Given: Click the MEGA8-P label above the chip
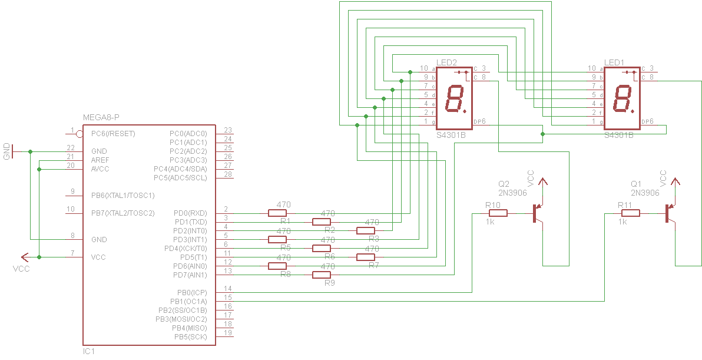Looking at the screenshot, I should [101, 118].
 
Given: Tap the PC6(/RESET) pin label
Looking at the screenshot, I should [113, 134].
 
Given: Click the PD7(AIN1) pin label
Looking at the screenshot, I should [190, 275].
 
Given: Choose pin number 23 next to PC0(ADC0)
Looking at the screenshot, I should [228, 131].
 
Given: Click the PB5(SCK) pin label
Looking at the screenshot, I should [190, 337].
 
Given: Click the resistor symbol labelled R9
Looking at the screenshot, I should [321, 275].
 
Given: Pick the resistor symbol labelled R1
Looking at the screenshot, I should [277, 213].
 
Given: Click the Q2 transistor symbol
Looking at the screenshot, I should [537, 213].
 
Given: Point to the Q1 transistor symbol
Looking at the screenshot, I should [670, 213].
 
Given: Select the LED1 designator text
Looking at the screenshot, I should [614, 62].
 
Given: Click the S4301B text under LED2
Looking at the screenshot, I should [451, 135].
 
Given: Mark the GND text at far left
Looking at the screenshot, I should [7, 151].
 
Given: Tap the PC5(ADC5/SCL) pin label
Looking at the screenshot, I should [180, 178].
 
